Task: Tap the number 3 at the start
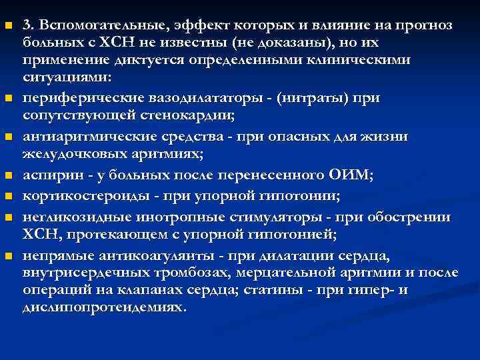coord(26,25)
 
